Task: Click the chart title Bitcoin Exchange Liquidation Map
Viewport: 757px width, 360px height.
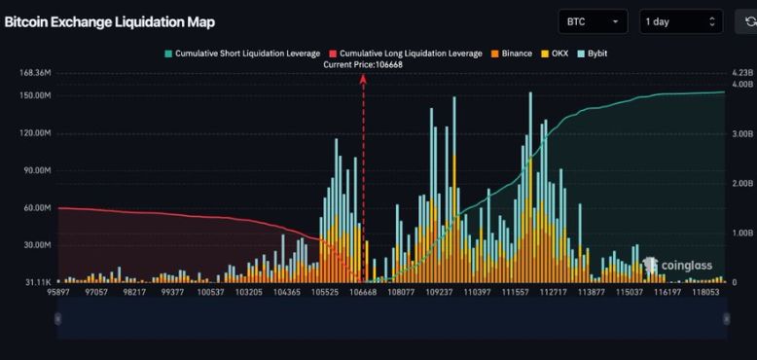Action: tap(109, 21)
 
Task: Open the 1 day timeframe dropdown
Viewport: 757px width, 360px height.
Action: tap(681, 21)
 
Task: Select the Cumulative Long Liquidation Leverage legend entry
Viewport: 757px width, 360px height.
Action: tap(406, 54)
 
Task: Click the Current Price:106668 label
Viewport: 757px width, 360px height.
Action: tap(363, 64)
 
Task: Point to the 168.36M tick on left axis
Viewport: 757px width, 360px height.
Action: tap(33, 73)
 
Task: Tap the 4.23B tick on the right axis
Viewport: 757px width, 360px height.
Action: tap(741, 73)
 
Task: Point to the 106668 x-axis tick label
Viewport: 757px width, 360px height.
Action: tap(363, 291)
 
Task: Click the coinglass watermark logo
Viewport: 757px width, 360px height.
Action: tap(677, 265)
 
